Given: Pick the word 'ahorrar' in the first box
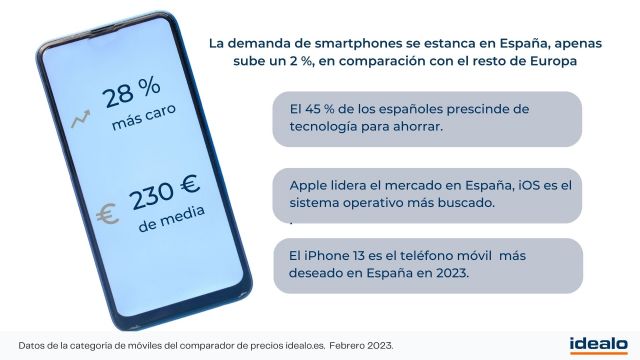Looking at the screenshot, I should pyautogui.click(x=417, y=127).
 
